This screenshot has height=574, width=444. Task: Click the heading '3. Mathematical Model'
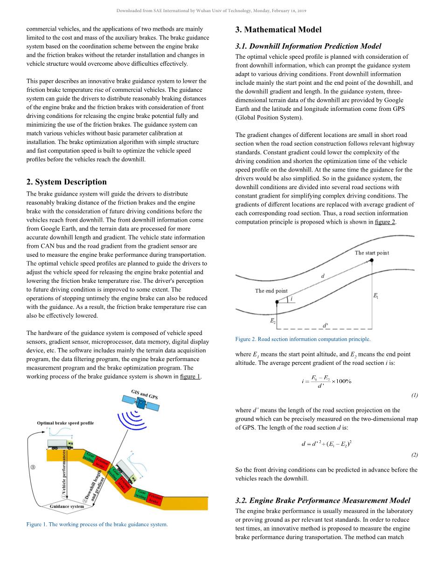(278, 30)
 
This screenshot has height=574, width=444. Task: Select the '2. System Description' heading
(67, 182)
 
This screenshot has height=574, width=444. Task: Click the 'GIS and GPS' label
(145, 394)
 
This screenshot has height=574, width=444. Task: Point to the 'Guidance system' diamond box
(67, 506)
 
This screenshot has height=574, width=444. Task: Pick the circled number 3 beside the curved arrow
(33, 467)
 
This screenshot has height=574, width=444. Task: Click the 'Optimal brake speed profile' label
(65, 423)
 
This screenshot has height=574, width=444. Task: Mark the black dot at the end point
(277, 302)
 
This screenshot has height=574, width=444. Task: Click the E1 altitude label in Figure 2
(376, 295)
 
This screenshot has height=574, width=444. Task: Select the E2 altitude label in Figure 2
(273, 321)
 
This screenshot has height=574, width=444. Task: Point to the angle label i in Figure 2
(292, 299)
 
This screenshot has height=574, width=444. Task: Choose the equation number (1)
(414, 395)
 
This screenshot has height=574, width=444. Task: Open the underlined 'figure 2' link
(385, 222)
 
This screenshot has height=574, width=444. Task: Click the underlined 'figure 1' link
(190, 376)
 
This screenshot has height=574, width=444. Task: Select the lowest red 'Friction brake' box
(155, 499)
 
